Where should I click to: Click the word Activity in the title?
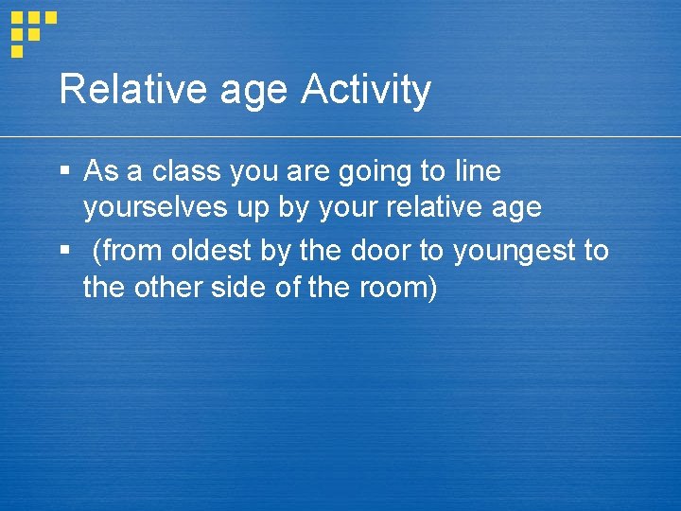click(365, 91)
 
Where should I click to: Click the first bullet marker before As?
click(64, 171)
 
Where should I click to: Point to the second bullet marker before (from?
click(64, 252)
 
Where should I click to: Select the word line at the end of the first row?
click(476, 171)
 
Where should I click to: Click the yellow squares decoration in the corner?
click(31, 31)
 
